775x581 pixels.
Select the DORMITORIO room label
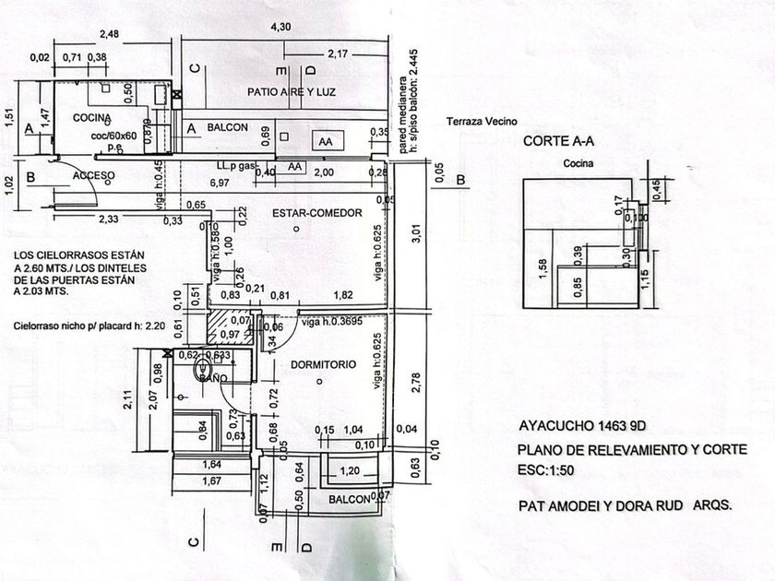(x=323, y=364)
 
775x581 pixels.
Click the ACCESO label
(x=93, y=175)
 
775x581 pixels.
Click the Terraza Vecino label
(x=483, y=121)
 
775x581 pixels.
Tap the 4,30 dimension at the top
(x=280, y=27)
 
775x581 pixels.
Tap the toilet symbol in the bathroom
(x=203, y=373)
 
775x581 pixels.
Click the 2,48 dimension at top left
(x=109, y=35)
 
